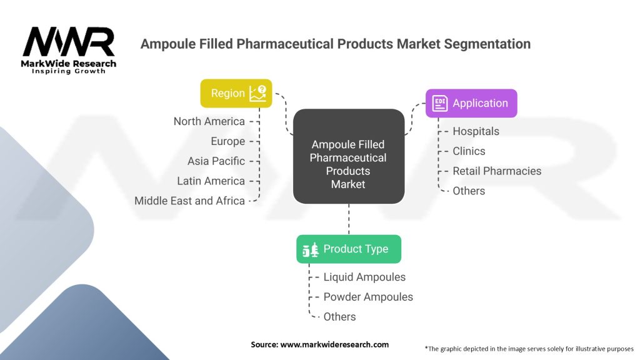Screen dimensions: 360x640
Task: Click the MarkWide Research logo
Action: point(69,49)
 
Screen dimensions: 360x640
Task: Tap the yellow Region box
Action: point(236,93)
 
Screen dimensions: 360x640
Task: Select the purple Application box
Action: point(471,103)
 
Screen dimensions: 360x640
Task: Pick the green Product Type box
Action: point(348,249)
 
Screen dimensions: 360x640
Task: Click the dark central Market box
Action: point(348,156)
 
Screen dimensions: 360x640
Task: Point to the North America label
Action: point(209,121)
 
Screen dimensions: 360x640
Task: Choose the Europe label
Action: point(227,141)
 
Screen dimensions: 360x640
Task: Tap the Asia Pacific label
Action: point(216,161)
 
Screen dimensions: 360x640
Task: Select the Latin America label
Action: point(211,181)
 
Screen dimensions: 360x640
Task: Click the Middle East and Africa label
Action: point(189,201)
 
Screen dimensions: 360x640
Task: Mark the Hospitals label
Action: point(476,131)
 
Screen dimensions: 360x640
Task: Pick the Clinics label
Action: point(469,151)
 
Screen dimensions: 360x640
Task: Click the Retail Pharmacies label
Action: point(497,171)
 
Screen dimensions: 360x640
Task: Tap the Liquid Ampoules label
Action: point(364,277)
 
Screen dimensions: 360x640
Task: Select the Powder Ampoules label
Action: point(368,297)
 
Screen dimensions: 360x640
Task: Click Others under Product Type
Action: point(339,317)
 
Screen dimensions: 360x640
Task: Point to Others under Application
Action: point(469,191)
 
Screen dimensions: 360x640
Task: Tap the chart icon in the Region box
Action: point(257,93)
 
